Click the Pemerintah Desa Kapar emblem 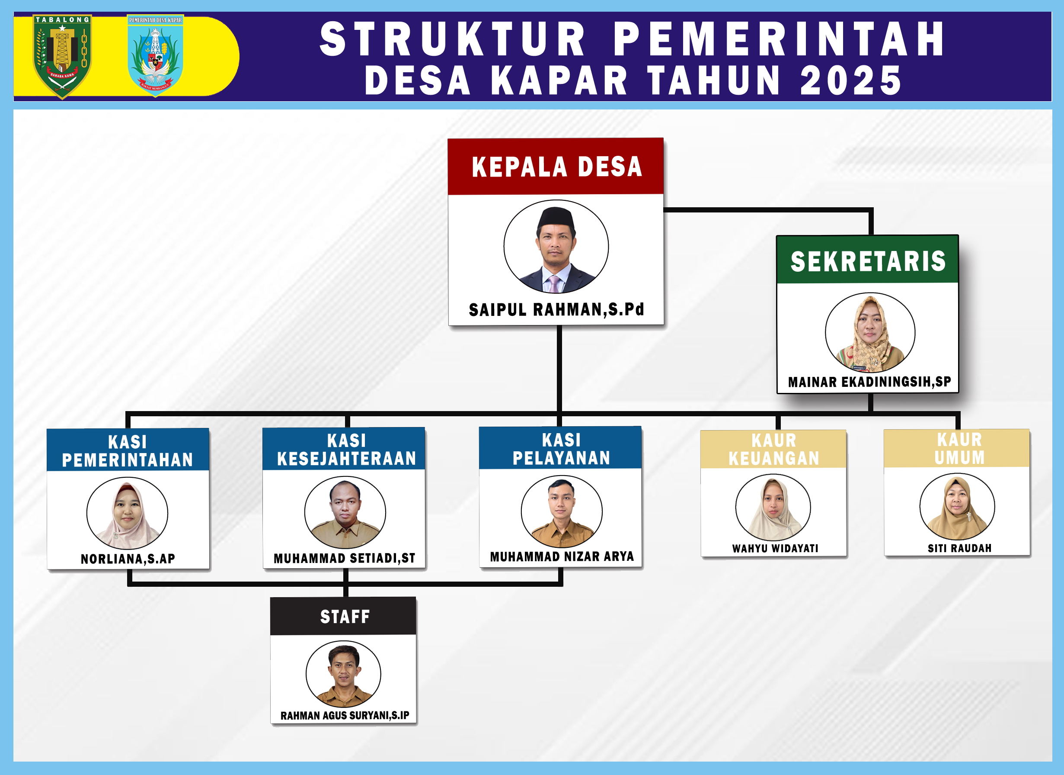155,55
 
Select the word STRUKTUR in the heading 453,39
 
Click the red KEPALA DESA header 556,167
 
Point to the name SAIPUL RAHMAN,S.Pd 556,310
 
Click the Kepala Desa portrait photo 556,247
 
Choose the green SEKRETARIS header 867,260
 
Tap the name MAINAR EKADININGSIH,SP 869,382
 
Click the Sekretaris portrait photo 870,333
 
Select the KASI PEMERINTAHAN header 128,450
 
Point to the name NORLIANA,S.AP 128,559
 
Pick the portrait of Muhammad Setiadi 345,513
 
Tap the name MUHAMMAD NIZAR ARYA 562,557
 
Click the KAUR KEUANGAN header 773,449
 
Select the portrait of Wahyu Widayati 773,508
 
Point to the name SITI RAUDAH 959,548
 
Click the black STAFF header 343,616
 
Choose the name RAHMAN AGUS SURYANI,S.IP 345,715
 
